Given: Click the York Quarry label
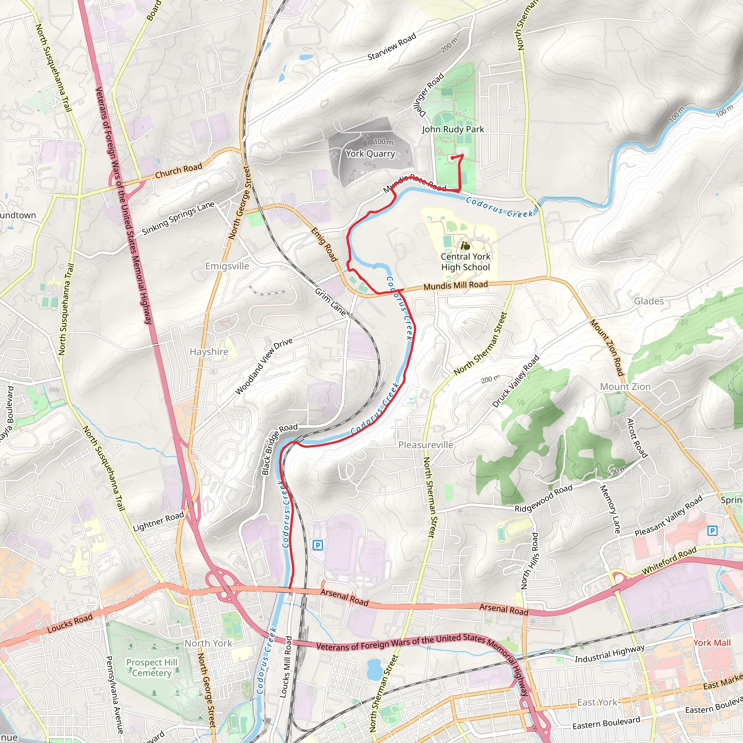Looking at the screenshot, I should coord(370,154).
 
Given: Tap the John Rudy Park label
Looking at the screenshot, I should coord(453,129).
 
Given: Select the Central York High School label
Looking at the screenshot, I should coord(465,262).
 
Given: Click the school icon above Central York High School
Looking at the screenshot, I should coord(465,245).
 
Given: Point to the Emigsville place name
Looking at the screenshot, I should coord(227,266).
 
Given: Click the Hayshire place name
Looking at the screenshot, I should coord(209,352).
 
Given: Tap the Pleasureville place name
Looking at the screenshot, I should coord(426,445).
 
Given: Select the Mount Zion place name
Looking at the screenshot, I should coord(625,387).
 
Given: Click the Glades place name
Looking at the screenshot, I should coord(649,301).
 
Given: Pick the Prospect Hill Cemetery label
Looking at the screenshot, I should coord(152,668).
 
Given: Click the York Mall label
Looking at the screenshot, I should coord(712,643).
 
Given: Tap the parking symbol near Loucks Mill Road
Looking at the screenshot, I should coord(318,545).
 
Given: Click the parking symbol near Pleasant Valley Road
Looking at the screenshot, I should coord(712,531).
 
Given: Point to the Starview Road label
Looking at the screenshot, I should coord(391,47).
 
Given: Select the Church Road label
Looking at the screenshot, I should coord(178,171).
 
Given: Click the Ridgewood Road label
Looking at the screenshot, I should coord(543,498).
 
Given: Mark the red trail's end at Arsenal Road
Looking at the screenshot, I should coord(289,588).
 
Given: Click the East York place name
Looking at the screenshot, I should coord(597,703).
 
